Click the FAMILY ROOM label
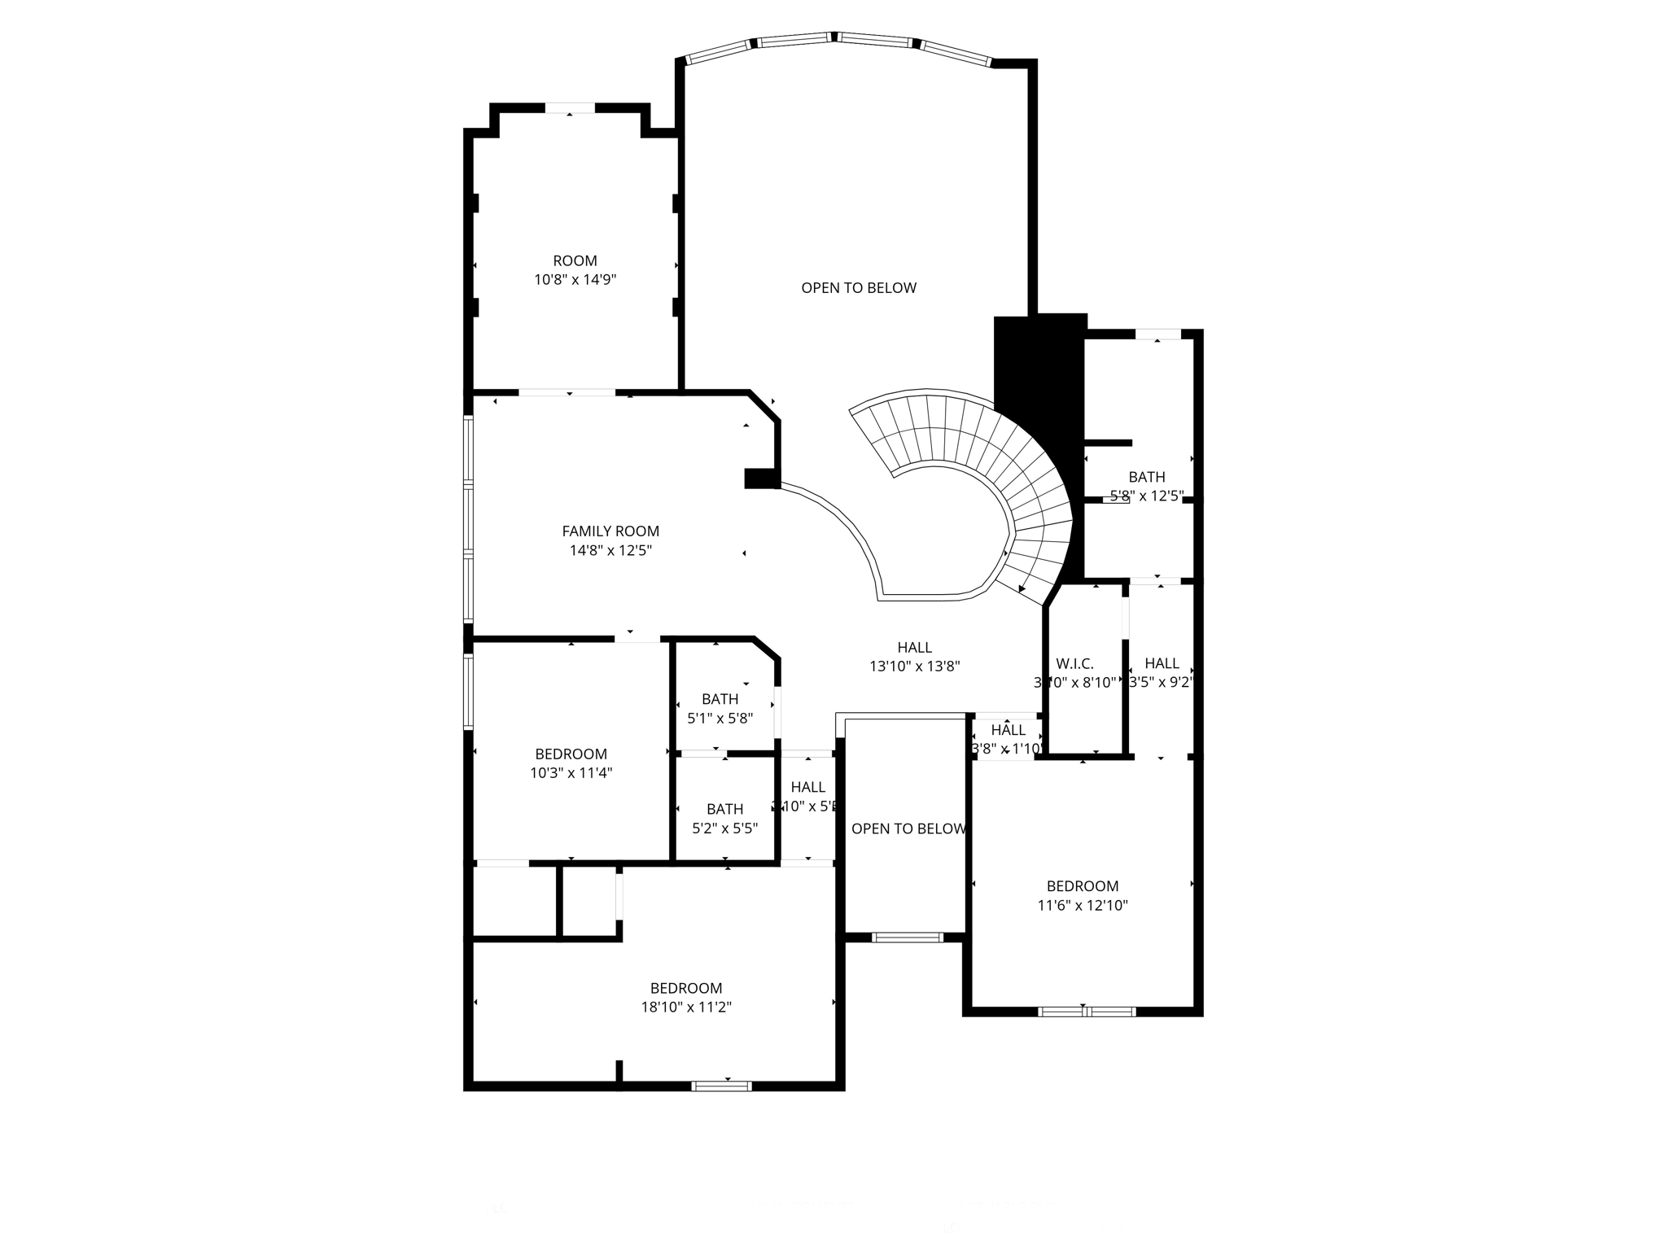click(x=610, y=531)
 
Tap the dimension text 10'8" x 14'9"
click(x=575, y=280)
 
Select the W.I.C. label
click(x=1074, y=664)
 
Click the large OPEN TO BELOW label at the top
click(x=859, y=288)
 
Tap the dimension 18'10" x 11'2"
click(x=686, y=1007)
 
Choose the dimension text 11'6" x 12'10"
click(x=1082, y=905)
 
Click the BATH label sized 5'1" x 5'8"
click(x=720, y=699)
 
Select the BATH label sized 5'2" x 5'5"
click(x=724, y=809)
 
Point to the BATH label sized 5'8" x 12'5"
click(x=1146, y=477)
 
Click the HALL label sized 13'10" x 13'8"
click(x=914, y=648)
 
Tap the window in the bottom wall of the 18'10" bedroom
click(x=721, y=1085)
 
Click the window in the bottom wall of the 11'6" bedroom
click(x=1086, y=1012)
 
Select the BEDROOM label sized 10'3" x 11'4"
click(x=571, y=754)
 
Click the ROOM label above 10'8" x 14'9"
click(x=575, y=261)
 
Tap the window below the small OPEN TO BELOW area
click(x=907, y=937)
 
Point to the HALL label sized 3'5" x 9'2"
click(x=1162, y=663)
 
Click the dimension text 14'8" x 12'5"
click(x=610, y=551)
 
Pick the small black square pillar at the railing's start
click(x=761, y=479)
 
